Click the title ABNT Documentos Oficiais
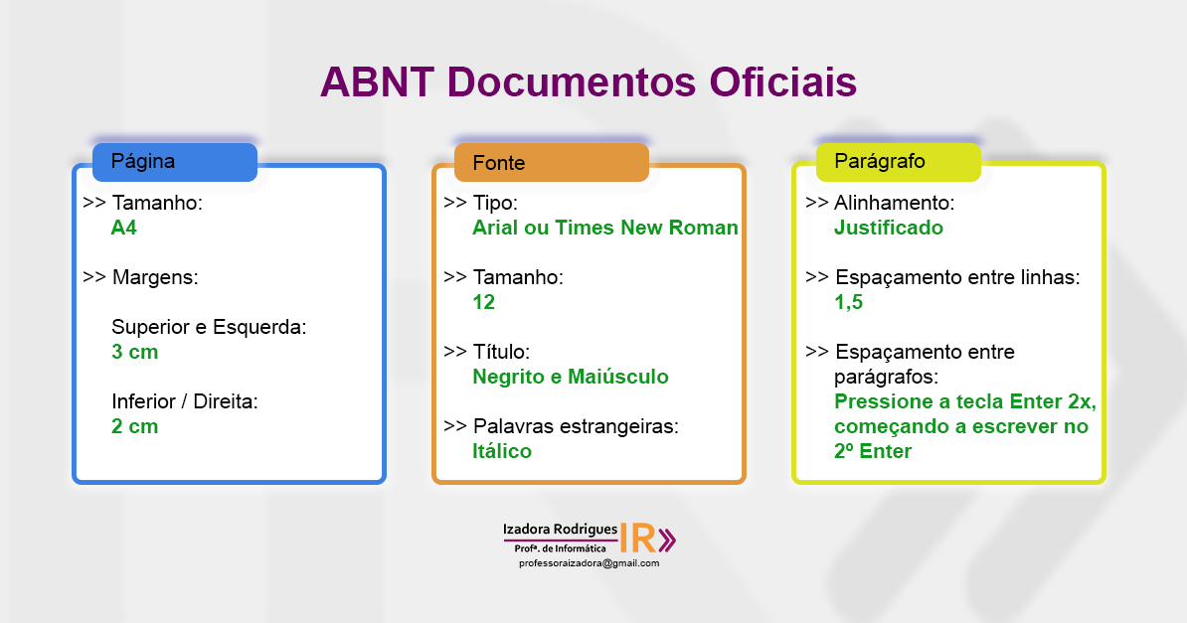click(x=589, y=81)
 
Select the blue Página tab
click(x=175, y=162)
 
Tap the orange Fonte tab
click(x=551, y=162)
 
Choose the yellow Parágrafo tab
click(x=898, y=161)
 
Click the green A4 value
click(x=124, y=228)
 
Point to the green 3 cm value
click(x=135, y=352)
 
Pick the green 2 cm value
click(x=135, y=426)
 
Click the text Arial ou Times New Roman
click(x=605, y=228)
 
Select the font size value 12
click(x=484, y=302)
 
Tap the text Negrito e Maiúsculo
click(x=571, y=377)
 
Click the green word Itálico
click(x=502, y=451)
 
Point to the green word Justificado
click(x=889, y=228)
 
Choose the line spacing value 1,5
click(x=849, y=302)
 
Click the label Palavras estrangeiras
click(x=576, y=426)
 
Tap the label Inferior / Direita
click(x=185, y=401)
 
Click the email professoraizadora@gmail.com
click(x=590, y=563)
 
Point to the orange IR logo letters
click(x=637, y=539)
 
